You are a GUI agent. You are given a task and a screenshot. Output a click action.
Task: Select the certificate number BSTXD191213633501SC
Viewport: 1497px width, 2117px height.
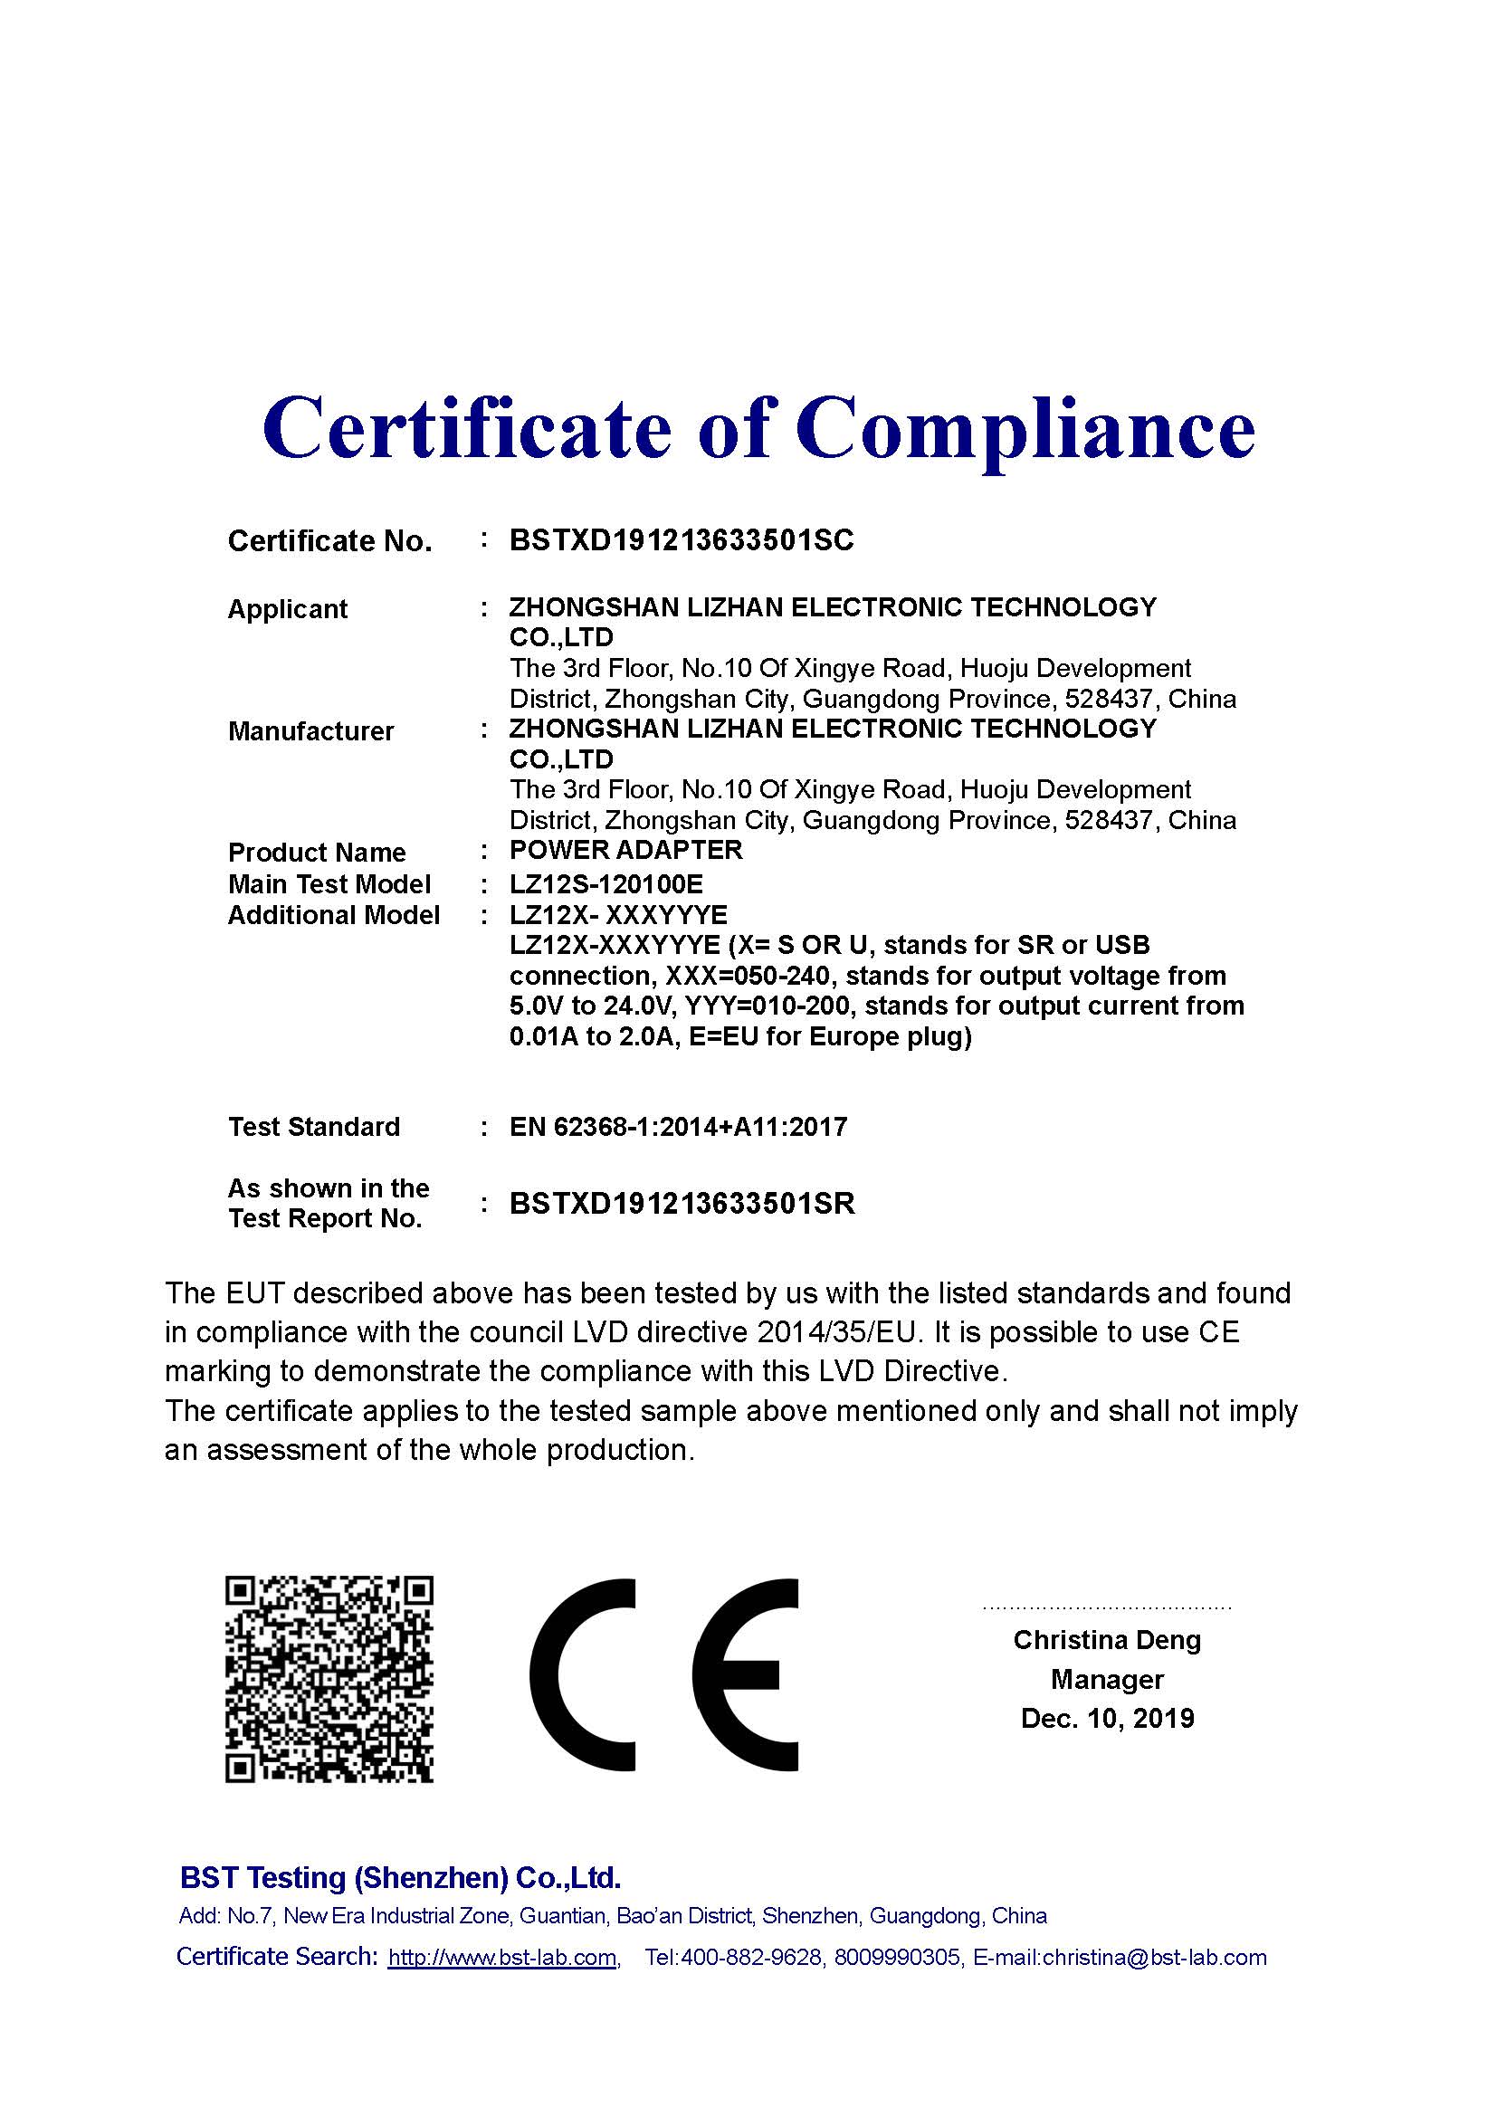682,540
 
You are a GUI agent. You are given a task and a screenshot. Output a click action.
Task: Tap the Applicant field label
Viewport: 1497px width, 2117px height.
287,609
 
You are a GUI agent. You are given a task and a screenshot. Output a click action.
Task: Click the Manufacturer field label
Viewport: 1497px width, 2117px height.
310,731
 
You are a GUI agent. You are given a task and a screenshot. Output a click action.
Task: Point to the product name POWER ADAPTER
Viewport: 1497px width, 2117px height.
626,850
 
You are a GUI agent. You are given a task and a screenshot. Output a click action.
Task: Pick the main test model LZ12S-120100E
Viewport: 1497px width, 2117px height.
605,885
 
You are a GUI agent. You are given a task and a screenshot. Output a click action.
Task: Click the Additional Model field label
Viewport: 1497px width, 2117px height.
333,916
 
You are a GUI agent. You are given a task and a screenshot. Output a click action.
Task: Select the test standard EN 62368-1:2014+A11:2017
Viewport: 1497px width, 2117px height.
678,1127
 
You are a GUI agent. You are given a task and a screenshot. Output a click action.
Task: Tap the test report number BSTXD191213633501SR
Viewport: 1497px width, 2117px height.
682,1203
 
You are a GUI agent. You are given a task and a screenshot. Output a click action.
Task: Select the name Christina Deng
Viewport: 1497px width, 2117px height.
1106,1640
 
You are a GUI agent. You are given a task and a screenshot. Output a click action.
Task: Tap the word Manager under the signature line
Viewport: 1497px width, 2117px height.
1106,1680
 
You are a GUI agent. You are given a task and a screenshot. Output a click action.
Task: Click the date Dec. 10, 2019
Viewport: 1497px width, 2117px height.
1106,1719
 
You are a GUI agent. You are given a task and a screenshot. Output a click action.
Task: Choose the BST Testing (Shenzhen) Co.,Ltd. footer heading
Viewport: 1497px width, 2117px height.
400,1877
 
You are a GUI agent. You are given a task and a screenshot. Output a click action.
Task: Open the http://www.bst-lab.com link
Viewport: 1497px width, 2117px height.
502,1958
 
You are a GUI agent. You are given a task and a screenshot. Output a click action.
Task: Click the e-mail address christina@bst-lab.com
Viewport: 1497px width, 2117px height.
1154,1958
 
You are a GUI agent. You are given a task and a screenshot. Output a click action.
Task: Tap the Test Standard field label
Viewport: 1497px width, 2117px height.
313,1127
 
